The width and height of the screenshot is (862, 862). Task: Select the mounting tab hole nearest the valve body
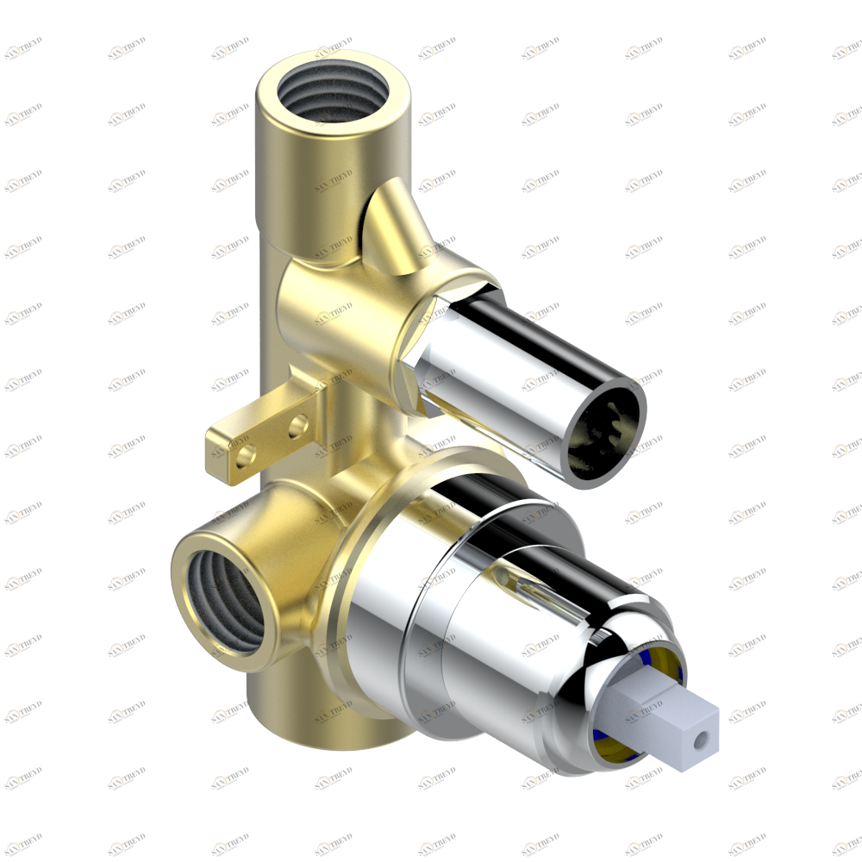[x=299, y=425]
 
